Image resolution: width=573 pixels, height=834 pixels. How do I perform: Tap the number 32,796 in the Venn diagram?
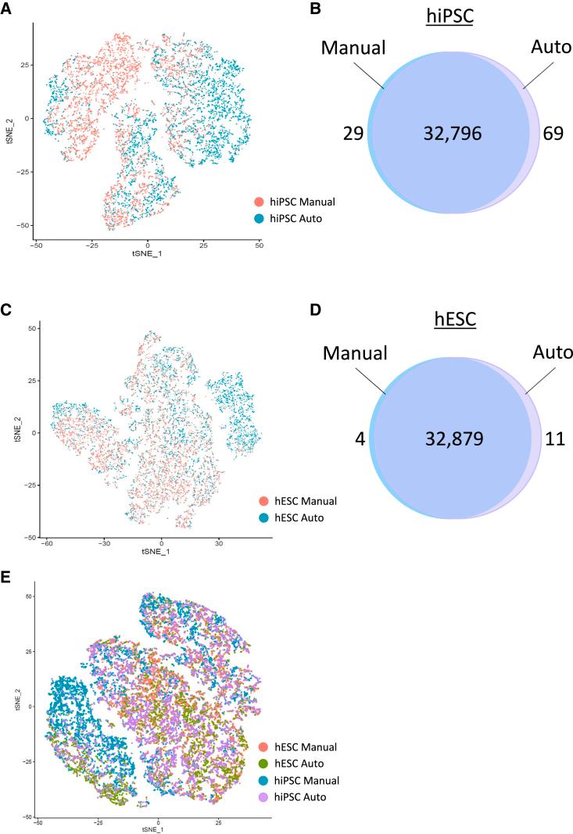click(449, 134)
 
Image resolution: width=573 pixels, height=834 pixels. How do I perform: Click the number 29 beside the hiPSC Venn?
click(353, 134)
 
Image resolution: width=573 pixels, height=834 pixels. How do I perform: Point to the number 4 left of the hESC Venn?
click(360, 438)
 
